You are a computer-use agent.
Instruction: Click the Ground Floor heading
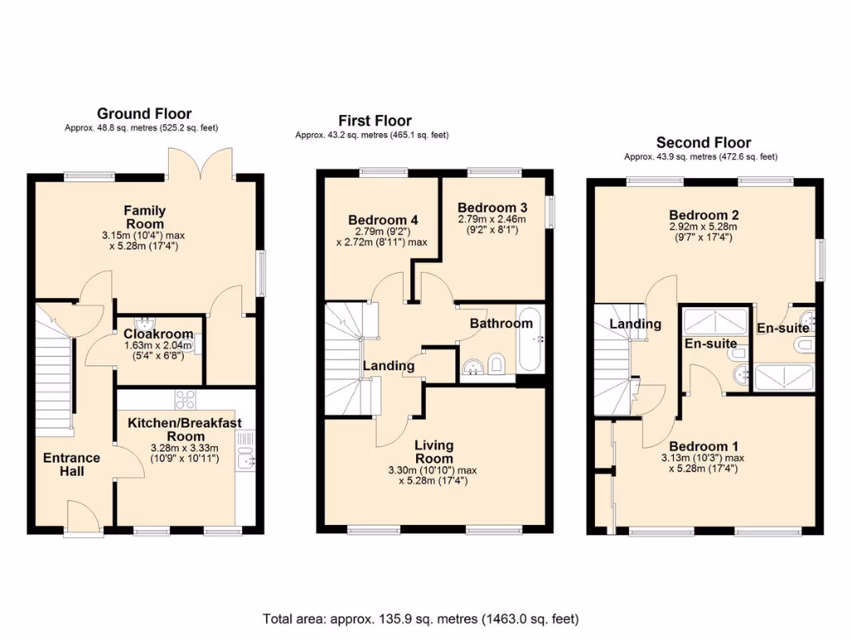144,114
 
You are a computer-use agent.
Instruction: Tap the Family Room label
145,217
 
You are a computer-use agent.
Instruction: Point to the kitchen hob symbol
185,399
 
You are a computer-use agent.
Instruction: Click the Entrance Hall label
72,464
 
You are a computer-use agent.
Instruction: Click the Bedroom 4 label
383,220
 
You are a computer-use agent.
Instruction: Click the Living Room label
434,452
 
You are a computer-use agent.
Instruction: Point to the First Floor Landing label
389,366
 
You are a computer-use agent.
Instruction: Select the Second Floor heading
703,143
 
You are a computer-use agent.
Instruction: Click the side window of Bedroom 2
822,260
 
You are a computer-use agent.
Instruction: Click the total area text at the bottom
420,619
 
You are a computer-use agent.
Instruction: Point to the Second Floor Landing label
635,324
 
